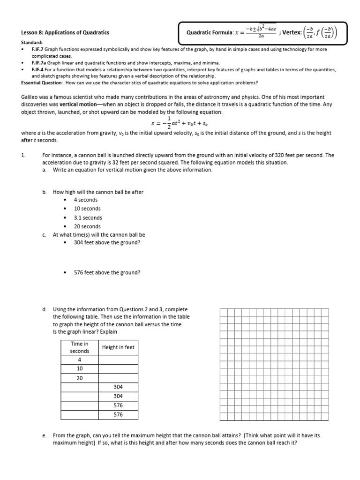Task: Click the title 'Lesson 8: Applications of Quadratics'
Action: point(62,33)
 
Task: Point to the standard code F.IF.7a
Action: point(40,62)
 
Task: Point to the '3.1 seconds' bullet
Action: point(88,217)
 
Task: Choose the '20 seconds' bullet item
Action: point(87,226)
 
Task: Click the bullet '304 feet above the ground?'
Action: point(107,242)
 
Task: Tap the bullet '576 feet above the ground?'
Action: point(107,272)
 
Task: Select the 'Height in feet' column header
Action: point(118,347)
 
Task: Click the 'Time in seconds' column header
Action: point(80,347)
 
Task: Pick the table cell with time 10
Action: point(80,369)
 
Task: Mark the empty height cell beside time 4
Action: point(118,360)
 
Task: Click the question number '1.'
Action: point(24,155)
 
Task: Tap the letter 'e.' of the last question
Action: point(44,435)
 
